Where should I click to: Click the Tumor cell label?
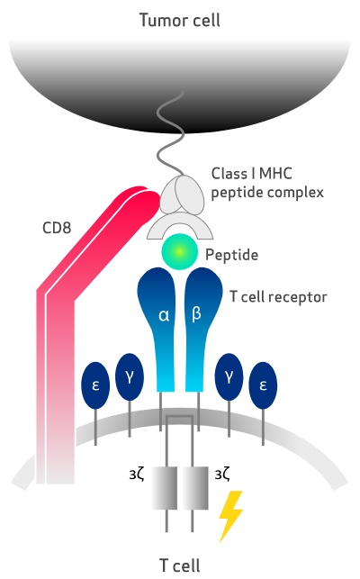180,20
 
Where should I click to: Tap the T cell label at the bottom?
180,565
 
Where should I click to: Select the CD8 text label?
57,228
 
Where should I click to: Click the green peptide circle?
179,251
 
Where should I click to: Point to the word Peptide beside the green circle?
231,255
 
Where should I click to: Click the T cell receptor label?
278,297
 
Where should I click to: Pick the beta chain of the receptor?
201,325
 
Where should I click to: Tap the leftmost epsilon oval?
95,385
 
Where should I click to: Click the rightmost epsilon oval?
264,385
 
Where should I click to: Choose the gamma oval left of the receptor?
130,376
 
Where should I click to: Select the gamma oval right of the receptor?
229,376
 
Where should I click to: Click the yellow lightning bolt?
229,515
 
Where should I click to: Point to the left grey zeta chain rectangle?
165,488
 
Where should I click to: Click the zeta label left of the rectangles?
137,475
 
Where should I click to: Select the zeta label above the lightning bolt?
222,475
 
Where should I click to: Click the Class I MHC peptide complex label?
267,183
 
